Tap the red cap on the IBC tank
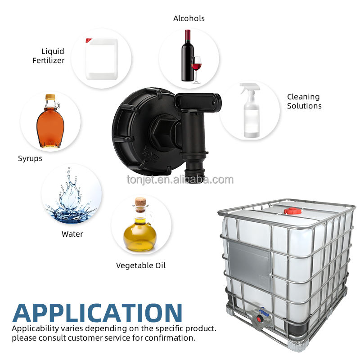tap(292, 211)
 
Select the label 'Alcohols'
tap(189, 18)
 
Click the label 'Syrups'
tap(30, 158)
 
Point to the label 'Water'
tap(72, 234)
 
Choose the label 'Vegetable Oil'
tap(141, 265)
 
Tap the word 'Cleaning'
tap(303, 97)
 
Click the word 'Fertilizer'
tap(48, 60)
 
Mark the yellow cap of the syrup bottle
tap(50, 97)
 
